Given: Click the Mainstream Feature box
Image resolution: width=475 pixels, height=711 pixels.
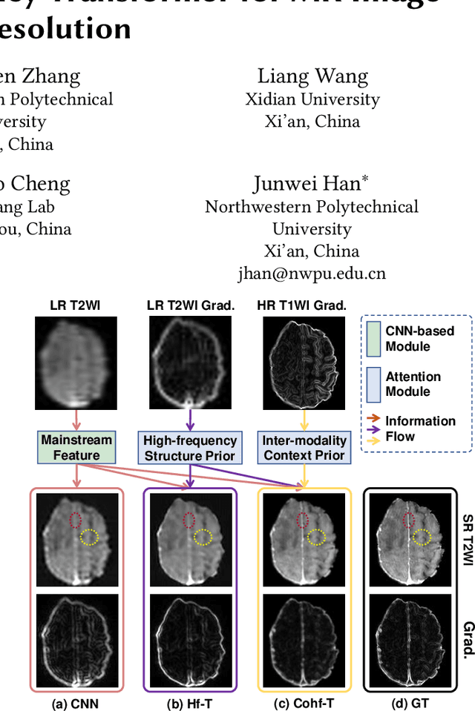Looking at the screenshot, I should pos(76,448).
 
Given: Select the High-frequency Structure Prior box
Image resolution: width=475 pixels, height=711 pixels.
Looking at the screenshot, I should pos(190,448).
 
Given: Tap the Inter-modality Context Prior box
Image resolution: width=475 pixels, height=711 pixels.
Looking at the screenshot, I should pos(304,448).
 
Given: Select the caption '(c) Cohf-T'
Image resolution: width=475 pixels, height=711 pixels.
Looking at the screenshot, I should pos(304,703).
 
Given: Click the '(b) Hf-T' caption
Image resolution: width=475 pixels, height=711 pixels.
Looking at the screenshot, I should pos(190,703).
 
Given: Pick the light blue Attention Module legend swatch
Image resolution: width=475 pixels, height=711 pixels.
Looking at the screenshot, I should pos(373,383).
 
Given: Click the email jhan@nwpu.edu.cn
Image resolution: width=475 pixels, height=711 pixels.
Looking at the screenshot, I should pos(312,273).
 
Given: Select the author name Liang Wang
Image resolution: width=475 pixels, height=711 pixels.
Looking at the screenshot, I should pos(312,76).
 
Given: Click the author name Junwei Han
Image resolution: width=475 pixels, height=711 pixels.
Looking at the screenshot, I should pos(312,184).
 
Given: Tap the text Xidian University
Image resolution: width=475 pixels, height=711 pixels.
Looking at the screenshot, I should pos(312,99).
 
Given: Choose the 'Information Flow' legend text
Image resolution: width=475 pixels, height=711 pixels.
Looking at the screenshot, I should pos(420,429).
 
